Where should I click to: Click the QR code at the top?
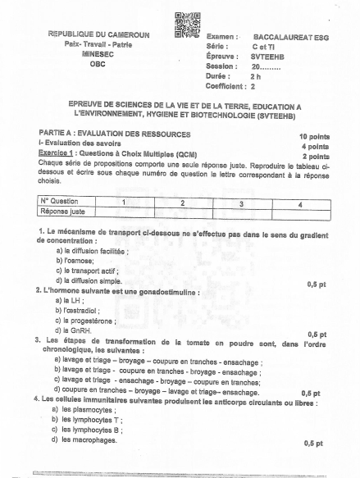pos(188,25)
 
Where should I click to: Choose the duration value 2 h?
pos(256,76)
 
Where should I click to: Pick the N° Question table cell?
pos(59,202)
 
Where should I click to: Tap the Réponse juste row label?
pos(63,212)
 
